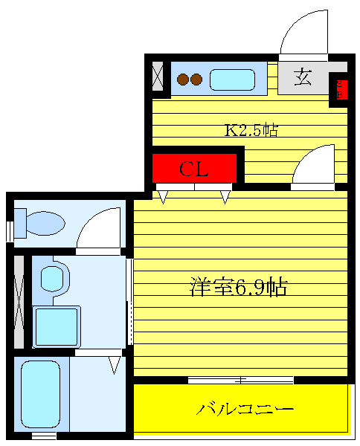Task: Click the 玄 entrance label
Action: coord(303,77)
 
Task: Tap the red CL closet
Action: coord(194,169)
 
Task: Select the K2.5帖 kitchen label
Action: coord(251,131)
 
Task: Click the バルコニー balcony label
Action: coord(245,409)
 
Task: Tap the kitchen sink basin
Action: coord(233,79)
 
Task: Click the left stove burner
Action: coord(182,79)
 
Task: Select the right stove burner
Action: coord(196,79)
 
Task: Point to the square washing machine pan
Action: coord(56,326)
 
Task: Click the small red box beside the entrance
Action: coord(341,89)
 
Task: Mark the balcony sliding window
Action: coord(240,380)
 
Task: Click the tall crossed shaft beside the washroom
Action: coord(20,302)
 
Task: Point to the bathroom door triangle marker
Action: coord(115,364)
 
